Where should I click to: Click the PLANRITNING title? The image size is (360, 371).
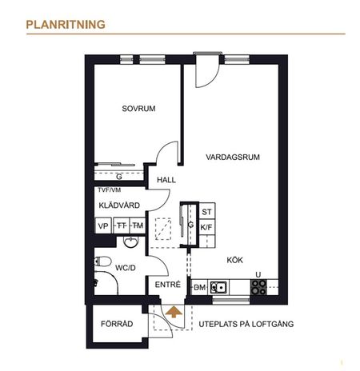pos(66,25)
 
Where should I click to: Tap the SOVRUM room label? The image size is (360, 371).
pos(138,108)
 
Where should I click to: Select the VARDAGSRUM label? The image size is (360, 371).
pos(233,156)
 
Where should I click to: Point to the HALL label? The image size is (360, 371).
pos(166,180)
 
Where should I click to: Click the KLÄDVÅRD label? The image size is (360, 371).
pos(119,205)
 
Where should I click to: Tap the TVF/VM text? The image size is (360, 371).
pos(109,190)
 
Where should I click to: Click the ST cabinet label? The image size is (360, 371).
pos(206,212)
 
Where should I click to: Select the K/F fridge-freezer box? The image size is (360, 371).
pos(206,227)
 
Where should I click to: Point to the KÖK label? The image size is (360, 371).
pos(234,259)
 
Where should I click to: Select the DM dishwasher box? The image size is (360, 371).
pos(200,288)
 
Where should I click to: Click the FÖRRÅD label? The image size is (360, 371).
pos(116,325)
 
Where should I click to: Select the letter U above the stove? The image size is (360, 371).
pos(258,275)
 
